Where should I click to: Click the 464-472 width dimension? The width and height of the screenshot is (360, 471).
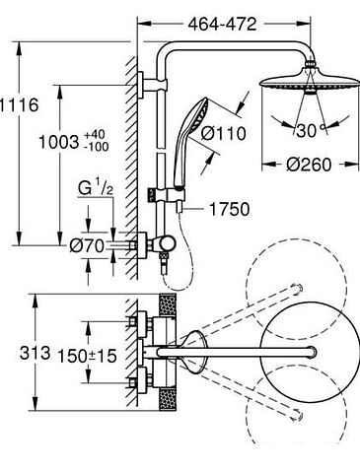coord(222,24)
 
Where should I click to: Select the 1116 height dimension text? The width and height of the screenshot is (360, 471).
coord(19,105)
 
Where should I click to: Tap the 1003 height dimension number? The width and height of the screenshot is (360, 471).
coord(59,142)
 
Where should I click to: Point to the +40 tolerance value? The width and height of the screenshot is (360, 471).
coord(95,134)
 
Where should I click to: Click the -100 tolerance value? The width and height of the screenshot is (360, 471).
coord(96,147)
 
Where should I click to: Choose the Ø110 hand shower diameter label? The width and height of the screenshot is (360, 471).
coord(223,133)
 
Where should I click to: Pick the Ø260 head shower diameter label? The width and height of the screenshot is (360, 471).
coord(309,165)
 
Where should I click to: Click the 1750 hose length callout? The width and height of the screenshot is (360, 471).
coord(229,209)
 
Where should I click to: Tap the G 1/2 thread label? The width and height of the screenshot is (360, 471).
coord(96,188)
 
